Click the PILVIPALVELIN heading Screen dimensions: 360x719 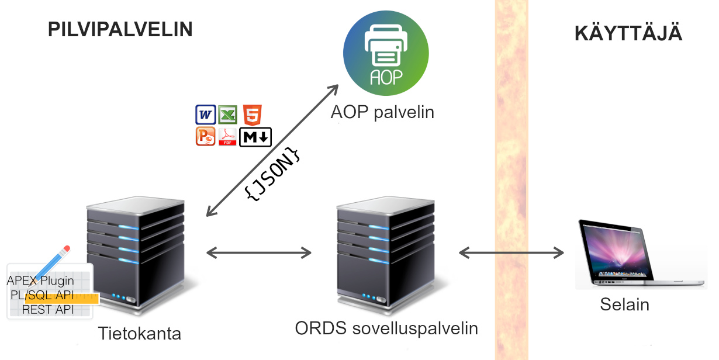click(120, 29)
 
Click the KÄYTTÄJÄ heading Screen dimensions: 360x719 click(628, 33)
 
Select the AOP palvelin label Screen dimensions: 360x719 click(382, 112)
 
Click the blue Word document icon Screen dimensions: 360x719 click(205, 115)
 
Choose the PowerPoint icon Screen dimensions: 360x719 click(205, 136)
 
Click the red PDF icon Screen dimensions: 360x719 click(227, 137)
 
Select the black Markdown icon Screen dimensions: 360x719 click(255, 137)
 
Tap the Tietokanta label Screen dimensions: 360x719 click(140, 334)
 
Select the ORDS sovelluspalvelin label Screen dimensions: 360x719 click(386, 328)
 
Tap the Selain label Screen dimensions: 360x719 click(624, 304)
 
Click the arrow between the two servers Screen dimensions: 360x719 click(260, 252)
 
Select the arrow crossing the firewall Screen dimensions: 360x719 click(511, 252)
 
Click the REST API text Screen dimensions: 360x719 click(48, 310)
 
